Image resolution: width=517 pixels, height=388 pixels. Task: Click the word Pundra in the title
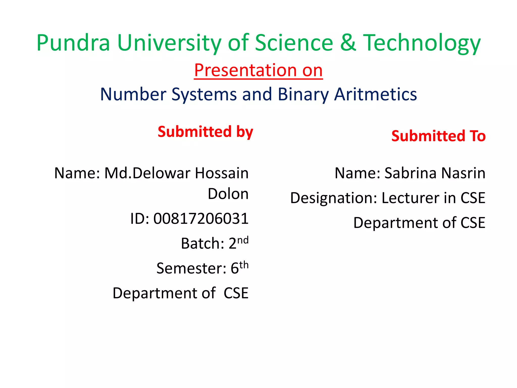click(x=73, y=43)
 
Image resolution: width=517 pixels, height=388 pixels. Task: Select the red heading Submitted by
click(x=205, y=132)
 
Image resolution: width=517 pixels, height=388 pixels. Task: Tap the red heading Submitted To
click(x=438, y=136)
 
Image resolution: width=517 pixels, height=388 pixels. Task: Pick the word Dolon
click(x=228, y=194)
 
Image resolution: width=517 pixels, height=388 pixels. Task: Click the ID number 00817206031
click(x=201, y=219)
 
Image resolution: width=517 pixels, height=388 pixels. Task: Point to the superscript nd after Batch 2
click(x=243, y=240)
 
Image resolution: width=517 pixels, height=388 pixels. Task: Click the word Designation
click(x=333, y=198)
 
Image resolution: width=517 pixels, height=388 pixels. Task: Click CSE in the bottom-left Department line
click(x=236, y=293)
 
